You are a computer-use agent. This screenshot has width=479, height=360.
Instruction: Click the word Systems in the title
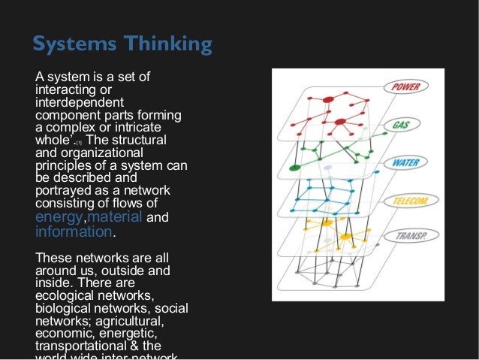click(69, 44)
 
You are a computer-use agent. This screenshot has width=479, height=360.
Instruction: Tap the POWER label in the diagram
click(409, 87)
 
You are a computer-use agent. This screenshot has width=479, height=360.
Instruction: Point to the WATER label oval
click(405, 162)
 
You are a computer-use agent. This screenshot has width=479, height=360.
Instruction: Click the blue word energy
click(60, 218)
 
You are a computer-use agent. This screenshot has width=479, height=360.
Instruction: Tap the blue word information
click(73, 231)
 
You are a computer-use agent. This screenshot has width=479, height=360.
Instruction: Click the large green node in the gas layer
click(295, 166)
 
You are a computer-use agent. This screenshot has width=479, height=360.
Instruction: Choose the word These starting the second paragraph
click(53, 258)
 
